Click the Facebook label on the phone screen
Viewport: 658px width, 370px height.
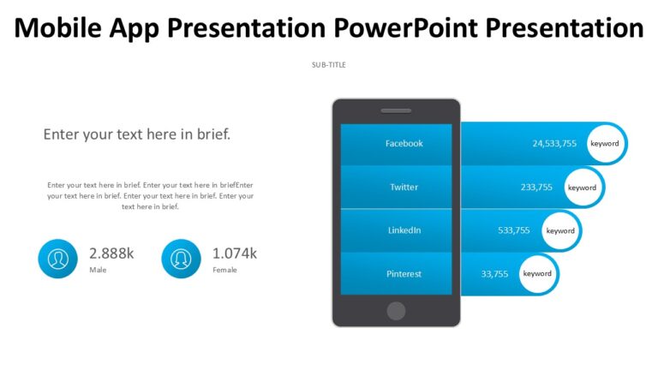(x=404, y=143)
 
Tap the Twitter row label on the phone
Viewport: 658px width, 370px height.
(x=404, y=187)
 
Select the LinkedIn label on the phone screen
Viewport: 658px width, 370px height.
(x=404, y=230)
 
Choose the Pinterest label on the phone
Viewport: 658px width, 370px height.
(x=404, y=274)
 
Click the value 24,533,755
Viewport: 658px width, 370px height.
(x=554, y=143)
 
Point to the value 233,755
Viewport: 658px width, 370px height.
(x=536, y=187)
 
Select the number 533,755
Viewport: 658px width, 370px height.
(x=514, y=230)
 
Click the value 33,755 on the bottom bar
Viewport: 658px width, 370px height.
(x=494, y=274)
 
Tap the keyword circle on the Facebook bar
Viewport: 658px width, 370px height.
(x=604, y=143)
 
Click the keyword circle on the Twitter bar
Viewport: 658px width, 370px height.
(x=582, y=187)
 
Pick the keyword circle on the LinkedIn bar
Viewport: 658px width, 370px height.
(x=560, y=230)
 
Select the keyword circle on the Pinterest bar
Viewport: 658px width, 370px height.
(x=537, y=274)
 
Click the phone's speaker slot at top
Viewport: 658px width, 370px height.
(x=396, y=110)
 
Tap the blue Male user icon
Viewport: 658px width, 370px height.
(x=57, y=259)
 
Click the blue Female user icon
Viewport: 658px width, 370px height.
(x=181, y=259)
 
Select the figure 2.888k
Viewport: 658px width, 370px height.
(x=111, y=253)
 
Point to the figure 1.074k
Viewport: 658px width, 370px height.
(x=235, y=253)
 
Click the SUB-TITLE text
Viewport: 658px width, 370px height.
(x=329, y=65)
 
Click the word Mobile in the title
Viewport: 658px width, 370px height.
(x=61, y=28)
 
